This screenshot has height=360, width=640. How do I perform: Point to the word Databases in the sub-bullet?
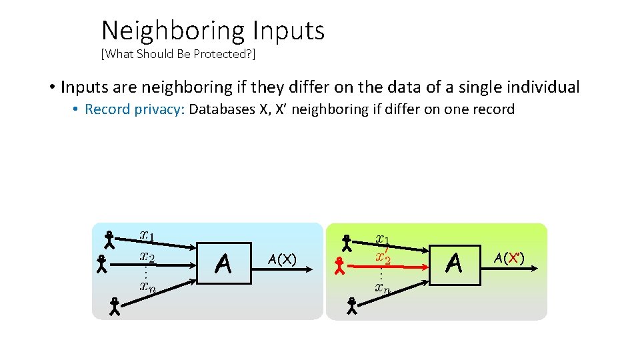220,109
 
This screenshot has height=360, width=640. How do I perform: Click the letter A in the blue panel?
224,265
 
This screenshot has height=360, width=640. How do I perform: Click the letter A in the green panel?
454,264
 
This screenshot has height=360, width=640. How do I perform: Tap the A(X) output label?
281,259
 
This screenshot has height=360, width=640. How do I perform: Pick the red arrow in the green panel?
394,266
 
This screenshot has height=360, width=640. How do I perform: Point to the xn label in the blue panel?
147,286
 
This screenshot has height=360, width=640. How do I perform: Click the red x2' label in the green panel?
383,256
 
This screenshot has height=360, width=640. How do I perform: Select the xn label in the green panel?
382,287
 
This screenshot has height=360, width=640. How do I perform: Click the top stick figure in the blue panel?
109,239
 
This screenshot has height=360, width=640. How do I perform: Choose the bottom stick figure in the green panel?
351,306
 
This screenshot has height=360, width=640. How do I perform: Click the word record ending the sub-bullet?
493,109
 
